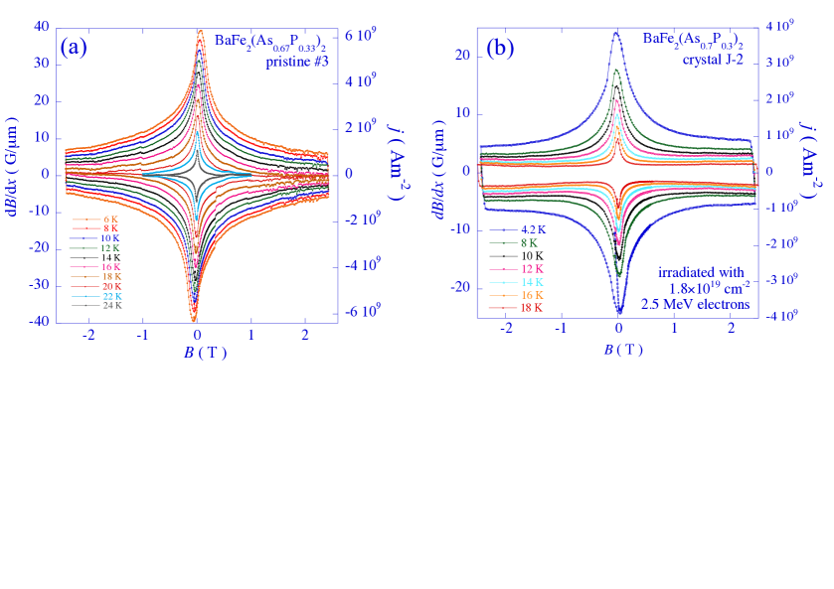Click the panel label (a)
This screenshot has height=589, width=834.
75,47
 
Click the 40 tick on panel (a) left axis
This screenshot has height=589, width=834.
41,27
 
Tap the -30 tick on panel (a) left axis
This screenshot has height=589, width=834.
39,285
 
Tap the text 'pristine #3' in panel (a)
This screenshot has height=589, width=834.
296,62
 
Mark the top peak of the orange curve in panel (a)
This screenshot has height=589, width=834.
200,32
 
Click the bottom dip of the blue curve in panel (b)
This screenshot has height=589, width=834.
618,312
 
